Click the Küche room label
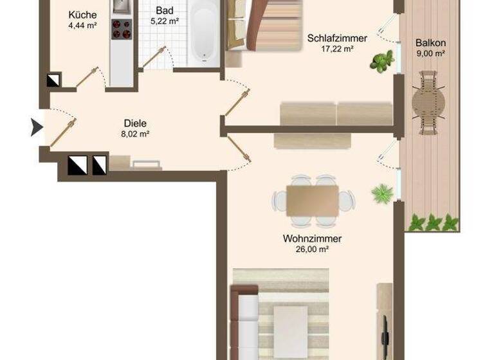coord(82,15)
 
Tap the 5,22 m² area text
coord(165,21)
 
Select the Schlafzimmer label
coord(337,38)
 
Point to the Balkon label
coord(430,43)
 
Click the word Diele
coord(136,123)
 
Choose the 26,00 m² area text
coord(312,249)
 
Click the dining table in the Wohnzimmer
coord(313,201)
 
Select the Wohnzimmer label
coord(312,239)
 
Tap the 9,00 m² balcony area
coord(430,54)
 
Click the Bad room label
coord(165,11)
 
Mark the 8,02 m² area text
coord(136,134)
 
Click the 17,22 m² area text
coord(337,48)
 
